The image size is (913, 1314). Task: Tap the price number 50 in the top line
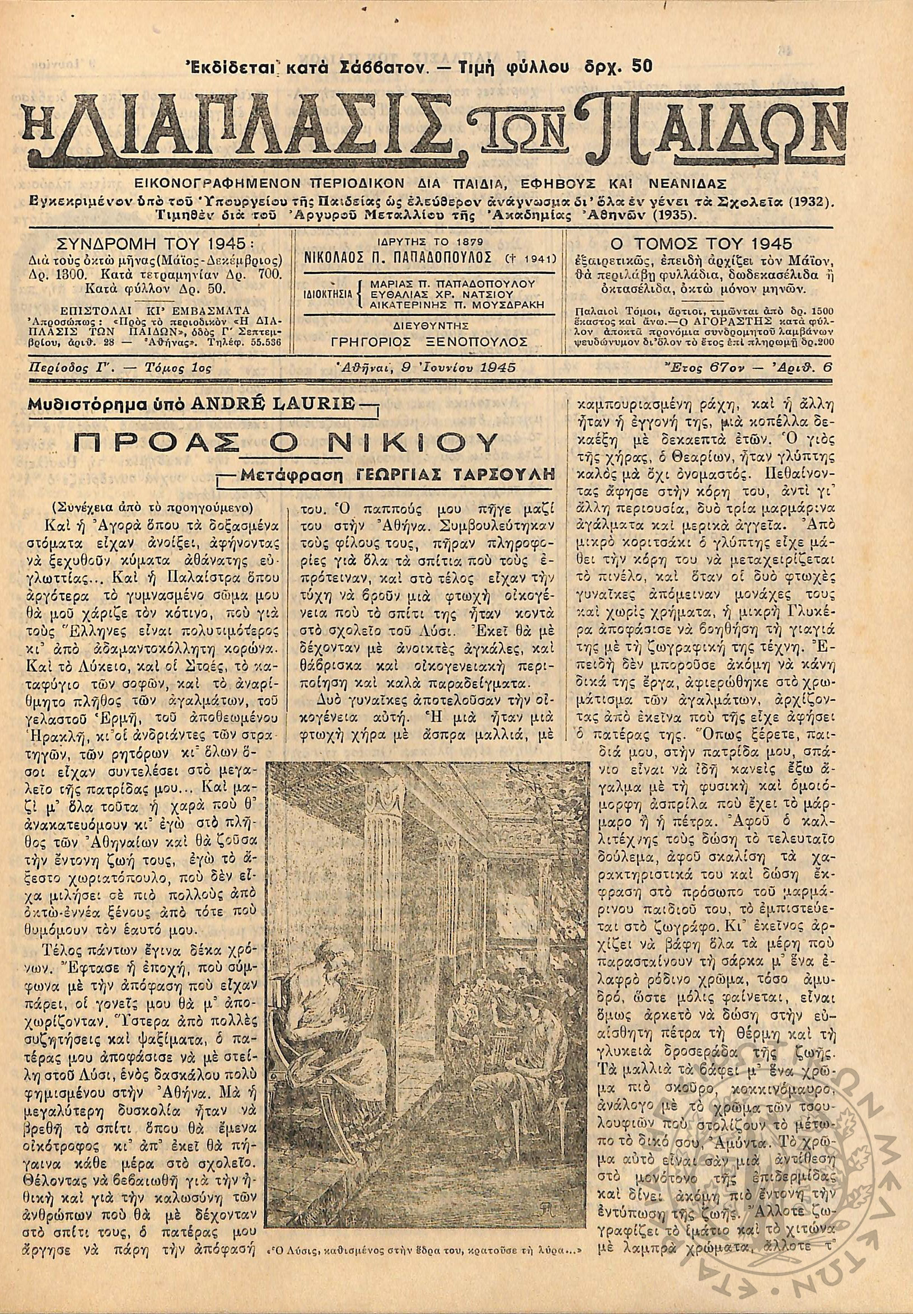(643, 67)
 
